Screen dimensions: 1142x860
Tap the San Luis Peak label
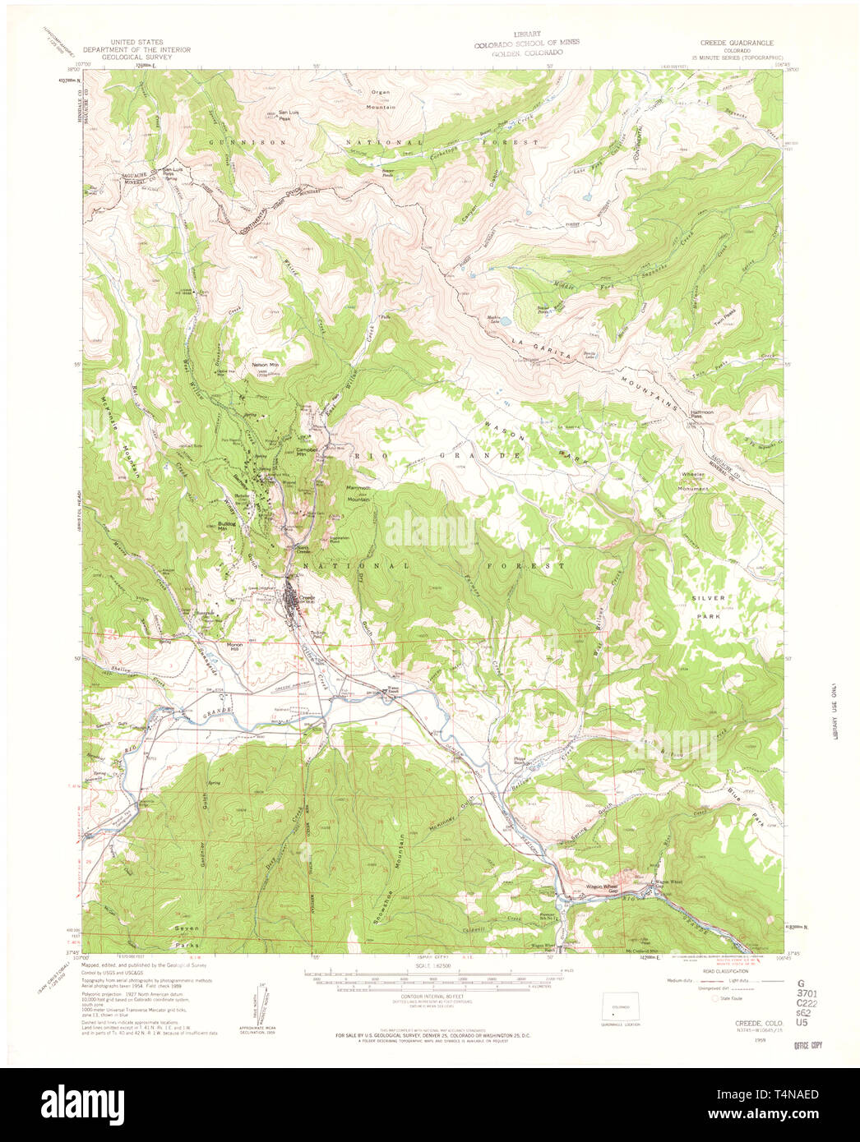tap(284, 114)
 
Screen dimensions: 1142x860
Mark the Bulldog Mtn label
tap(228, 526)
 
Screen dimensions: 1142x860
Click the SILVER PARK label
tap(706, 607)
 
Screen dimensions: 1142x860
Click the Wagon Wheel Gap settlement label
tap(601, 886)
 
